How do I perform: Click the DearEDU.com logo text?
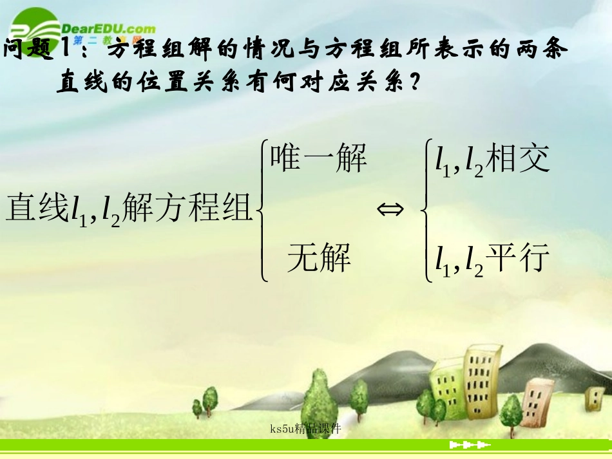(x=108, y=28)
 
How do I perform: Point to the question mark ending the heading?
(x=418, y=82)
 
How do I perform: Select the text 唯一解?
(x=319, y=158)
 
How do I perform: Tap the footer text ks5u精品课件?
(x=306, y=428)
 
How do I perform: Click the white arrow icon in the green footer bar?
(x=470, y=445)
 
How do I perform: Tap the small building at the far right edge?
(x=594, y=399)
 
